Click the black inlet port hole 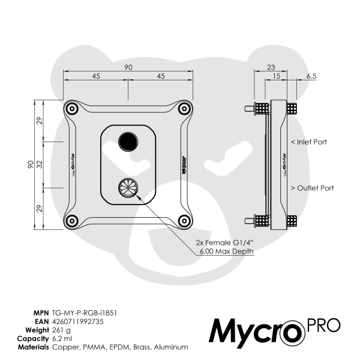point(128,142)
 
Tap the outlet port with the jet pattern point(128,188)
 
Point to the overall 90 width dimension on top point(128,67)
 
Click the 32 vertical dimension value point(39,164)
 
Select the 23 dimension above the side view point(271,67)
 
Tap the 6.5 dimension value point(311,76)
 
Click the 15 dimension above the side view point(276,76)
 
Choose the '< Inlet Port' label point(308,142)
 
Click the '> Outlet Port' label point(311,188)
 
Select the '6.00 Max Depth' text point(226,251)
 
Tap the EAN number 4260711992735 point(78,322)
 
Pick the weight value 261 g point(62,330)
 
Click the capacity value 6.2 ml point(62,338)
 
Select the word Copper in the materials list point(65,347)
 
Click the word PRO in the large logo point(323,326)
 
